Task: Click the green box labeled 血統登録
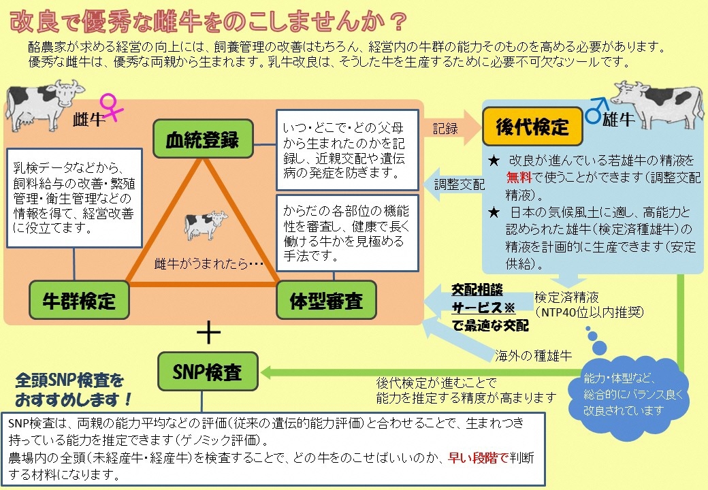click(202, 140)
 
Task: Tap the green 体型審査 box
click(326, 300)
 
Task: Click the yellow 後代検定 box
click(532, 127)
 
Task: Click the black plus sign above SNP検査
click(208, 333)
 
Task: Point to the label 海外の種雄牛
click(532, 355)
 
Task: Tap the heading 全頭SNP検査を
click(70, 379)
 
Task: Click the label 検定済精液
click(566, 297)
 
